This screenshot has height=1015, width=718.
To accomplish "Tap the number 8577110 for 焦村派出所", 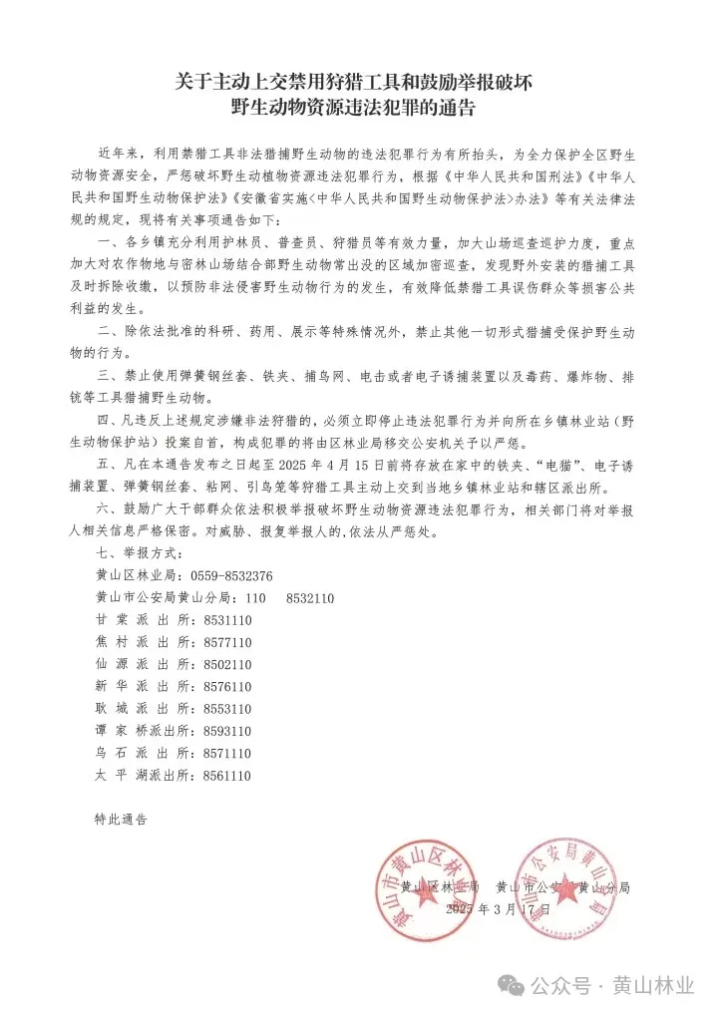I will [x=227, y=642].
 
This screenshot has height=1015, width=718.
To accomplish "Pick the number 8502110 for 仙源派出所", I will [x=227, y=664].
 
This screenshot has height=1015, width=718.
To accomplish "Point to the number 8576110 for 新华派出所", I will [x=227, y=687].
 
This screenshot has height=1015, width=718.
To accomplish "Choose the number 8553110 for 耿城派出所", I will [x=227, y=709].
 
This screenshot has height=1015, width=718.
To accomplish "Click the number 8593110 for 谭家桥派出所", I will [x=227, y=731].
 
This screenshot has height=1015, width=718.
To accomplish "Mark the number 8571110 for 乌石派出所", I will [x=227, y=753].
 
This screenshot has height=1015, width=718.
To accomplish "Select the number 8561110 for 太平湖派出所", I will [x=227, y=775].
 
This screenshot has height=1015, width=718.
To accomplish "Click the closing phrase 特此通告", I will [x=121, y=819].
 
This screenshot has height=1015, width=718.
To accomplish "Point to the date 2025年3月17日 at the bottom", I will [x=499, y=910].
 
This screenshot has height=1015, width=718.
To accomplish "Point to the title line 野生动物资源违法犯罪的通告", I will [x=352, y=106].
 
